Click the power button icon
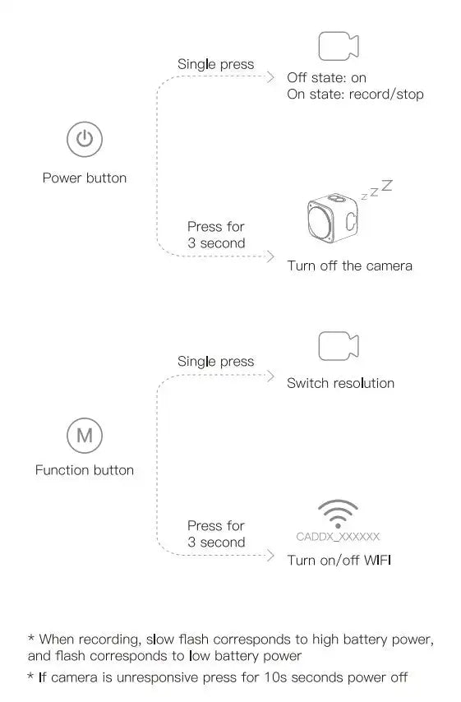[x=84, y=139]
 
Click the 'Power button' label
[x=85, y=178]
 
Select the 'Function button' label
[x=84, y=470]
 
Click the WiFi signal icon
[x=338, y=514]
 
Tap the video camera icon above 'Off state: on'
[x=338, y=46]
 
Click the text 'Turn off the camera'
[x=349, y=266]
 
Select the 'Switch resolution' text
[x=340, y=383]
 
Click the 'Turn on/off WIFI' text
[x=339, y=561]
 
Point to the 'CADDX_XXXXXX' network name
[x=338, y=537]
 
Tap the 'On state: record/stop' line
[x=355, y=95]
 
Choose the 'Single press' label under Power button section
[x=215, y=64]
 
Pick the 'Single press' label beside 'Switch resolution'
[x=215, y=362]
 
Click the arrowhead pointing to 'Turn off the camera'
[x=270, y=256]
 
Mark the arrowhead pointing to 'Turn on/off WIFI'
[x=270, y=556]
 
